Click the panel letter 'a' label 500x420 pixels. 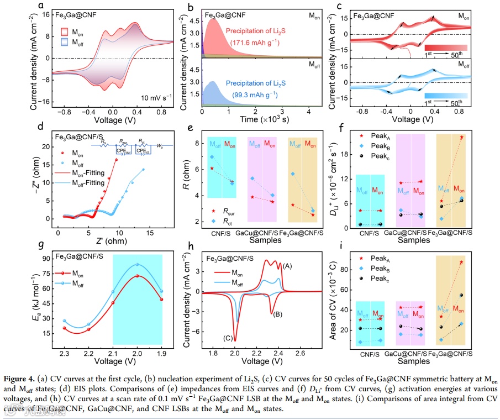41,6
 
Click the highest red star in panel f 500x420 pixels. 462,137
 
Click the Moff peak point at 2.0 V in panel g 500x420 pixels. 138,264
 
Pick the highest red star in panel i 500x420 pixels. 461,262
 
